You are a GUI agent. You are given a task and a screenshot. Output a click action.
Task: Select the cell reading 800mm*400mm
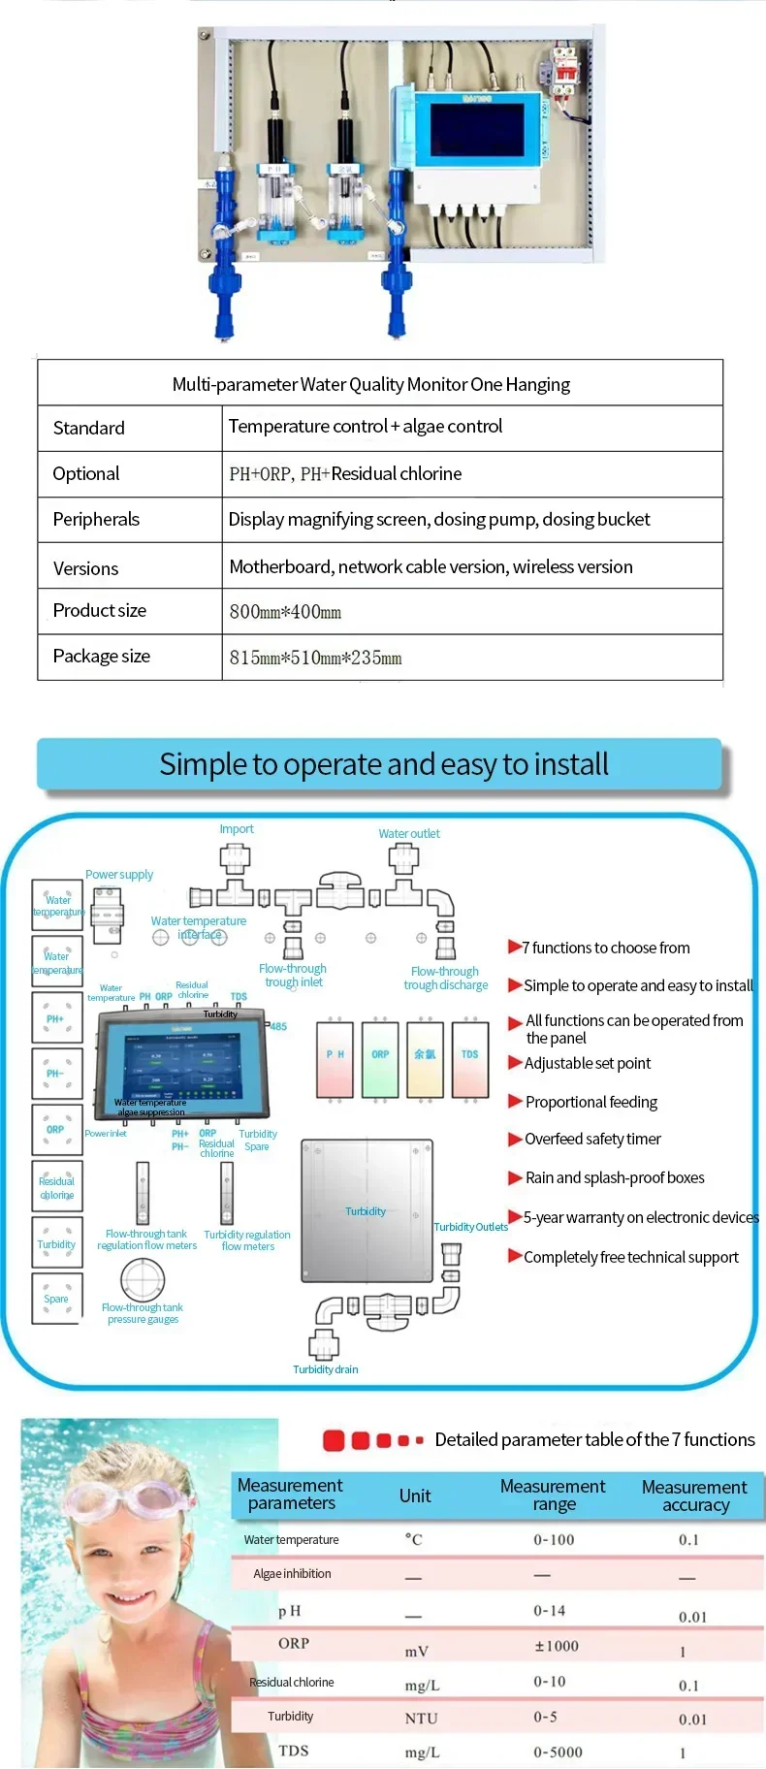[x=285, y=612]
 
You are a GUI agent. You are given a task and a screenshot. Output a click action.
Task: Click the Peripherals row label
[x=96, y=520]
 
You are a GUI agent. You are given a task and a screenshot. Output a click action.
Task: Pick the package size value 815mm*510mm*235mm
[x=315, y=658]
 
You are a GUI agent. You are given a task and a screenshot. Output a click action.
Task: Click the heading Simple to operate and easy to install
[x=384, y=764]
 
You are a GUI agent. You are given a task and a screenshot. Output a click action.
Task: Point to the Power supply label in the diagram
[x=119, y=874]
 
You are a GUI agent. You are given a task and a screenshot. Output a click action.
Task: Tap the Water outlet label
[x=408, y=833]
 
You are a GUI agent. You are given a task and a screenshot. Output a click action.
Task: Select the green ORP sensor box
[x=379, y=1058]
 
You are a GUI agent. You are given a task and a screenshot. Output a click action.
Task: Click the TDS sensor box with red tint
[x=470, y=1058]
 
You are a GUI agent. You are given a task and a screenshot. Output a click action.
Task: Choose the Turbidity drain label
[x=325, y=1369]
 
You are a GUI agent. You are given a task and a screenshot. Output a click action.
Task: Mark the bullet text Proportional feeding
[x=590, y=1102]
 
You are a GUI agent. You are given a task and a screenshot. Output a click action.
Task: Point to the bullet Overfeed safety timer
[x=592, y=1139]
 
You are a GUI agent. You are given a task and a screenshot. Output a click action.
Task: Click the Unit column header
[x=414, y=1496]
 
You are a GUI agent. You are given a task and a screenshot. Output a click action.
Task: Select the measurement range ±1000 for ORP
[x=556, y=1646]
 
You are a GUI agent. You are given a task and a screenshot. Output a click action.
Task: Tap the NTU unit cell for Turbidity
[x=421, y=1718]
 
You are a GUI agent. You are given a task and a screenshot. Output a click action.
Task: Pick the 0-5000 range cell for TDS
[x=558, y=1752]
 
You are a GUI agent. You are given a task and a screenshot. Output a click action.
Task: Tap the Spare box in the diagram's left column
[x=56, y=1299]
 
